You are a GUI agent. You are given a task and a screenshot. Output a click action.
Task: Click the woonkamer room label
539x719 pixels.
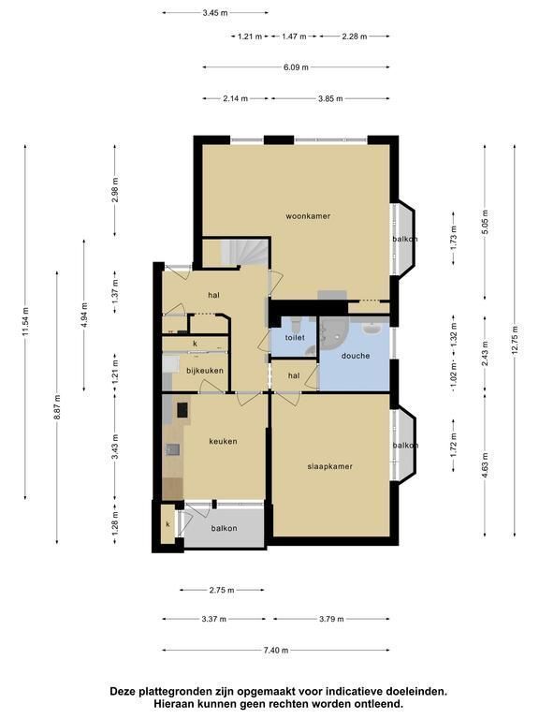tap(308, 216)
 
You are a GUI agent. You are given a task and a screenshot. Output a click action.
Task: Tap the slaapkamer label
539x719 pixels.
tap(329, 466)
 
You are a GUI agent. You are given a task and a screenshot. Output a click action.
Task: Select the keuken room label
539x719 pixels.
tap(224, 441)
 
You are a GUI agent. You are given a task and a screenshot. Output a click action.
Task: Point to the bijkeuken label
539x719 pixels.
tap(204, 371)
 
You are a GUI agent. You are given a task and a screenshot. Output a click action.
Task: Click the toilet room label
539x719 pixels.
tap(295, 337)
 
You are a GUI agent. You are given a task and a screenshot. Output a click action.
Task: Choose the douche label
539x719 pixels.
tap(356, 356)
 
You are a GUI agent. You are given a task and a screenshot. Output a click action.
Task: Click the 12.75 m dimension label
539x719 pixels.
tap(515, 340)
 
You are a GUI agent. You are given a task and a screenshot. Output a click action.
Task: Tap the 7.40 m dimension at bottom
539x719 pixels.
tap(276, 650)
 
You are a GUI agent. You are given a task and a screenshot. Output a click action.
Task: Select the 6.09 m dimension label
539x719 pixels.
tap(296, 67)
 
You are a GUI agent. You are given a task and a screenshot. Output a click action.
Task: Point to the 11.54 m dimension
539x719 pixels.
tap(24, 321)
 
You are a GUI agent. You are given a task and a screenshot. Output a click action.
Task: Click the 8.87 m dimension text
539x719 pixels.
tap(57, 406)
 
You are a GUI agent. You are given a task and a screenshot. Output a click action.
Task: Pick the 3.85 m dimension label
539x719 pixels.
tap(330, 98)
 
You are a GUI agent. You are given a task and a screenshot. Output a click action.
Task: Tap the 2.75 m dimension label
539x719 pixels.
tap(222, 590)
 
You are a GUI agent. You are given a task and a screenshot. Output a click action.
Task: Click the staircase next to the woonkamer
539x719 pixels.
tap(244, 252)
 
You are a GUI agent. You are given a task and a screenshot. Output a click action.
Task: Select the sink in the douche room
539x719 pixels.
tap(371, 329)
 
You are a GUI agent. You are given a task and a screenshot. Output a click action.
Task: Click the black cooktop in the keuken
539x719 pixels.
tap(182, 409)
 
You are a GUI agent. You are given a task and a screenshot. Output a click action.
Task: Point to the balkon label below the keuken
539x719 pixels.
tap(225, 528)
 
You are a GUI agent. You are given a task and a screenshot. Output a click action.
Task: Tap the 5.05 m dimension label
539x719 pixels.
tap(485, 223)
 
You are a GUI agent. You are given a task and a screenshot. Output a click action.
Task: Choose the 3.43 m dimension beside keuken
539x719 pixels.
tap(114, 447)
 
